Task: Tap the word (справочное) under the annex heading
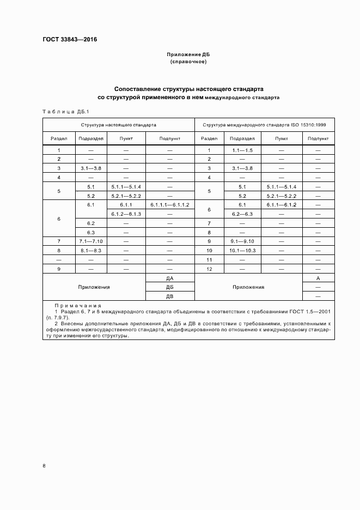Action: point(188,62)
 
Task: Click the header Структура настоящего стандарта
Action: point(119,125)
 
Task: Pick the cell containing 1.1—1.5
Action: point(242,150)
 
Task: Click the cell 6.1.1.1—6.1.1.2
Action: point(169,205)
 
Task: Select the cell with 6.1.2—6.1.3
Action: point(126,214)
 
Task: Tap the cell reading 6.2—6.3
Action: point(242,214)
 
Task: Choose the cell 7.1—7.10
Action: point(91,241)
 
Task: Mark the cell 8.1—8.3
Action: point(91,250)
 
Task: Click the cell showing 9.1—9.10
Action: point(242,241)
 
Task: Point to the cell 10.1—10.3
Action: point(242,250)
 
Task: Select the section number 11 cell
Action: point(209,259)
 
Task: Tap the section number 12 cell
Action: point(209,269)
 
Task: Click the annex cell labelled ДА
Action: point(169,278)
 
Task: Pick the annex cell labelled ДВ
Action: point(169,296)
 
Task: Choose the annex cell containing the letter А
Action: point(318,278)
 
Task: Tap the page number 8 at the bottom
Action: point(44,465)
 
